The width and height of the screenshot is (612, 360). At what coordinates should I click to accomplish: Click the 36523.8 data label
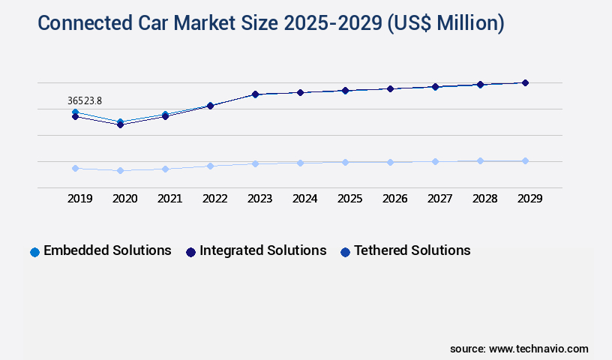[84, 100]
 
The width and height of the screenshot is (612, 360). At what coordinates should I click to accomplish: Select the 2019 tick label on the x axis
[80, 199]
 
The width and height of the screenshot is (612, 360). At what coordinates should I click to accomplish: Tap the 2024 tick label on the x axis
[305, 199]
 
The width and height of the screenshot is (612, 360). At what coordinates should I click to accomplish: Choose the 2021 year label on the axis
[169, 199]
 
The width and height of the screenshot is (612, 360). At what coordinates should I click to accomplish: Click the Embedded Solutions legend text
[107, 250]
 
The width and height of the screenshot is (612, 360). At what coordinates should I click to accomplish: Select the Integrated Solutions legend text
[262, 250]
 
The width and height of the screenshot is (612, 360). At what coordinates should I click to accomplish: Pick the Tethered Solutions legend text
[412, 250]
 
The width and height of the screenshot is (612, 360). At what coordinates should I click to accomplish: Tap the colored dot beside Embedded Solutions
[34, 252]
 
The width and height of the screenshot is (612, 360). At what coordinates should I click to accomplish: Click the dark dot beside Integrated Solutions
[190, 252]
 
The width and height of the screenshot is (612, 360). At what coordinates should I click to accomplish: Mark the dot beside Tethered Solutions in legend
[345, 252]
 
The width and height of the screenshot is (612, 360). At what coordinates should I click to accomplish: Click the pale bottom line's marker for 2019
[75, 168]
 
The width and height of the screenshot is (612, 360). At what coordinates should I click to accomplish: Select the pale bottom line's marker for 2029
[525, 160]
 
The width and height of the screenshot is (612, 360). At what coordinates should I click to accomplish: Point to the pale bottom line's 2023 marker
[255, 163]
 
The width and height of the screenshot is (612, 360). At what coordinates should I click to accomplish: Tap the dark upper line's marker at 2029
[525, 82]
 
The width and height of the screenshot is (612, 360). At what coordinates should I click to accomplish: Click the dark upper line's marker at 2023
[255, 94]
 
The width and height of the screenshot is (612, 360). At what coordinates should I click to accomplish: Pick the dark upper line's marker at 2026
[390, 88]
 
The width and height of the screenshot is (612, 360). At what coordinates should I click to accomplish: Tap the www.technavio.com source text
[538, 349]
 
